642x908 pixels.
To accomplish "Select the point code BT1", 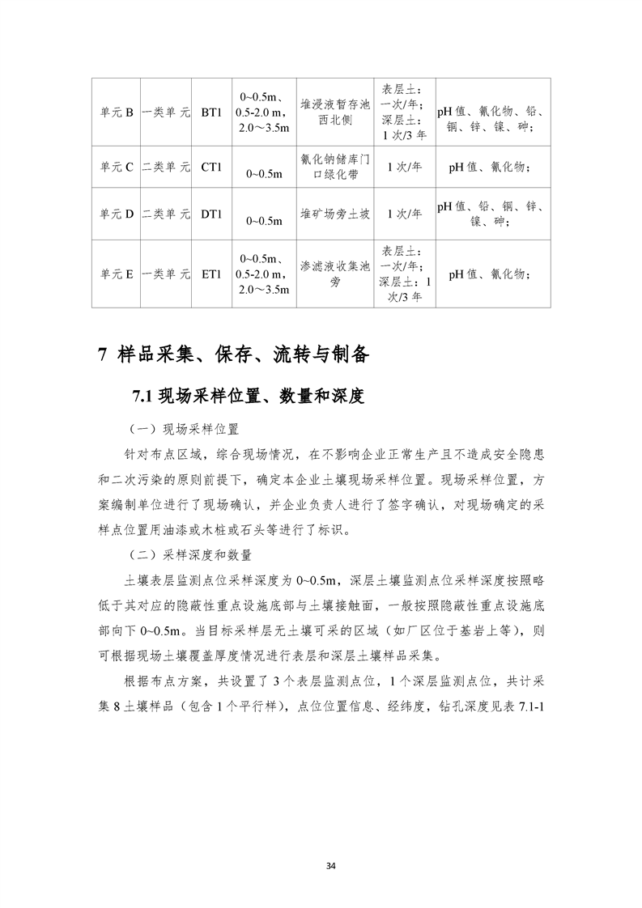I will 211,112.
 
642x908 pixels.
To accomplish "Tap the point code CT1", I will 211,168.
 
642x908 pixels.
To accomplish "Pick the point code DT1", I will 211,214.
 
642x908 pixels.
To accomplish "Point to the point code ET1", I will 211,274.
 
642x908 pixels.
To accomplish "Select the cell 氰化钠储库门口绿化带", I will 334,168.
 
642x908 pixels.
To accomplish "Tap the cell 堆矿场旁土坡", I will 334,214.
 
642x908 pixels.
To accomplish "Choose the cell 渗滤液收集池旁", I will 334,274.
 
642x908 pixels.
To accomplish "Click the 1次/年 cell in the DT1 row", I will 404,214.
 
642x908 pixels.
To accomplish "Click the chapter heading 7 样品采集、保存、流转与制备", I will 233,354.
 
